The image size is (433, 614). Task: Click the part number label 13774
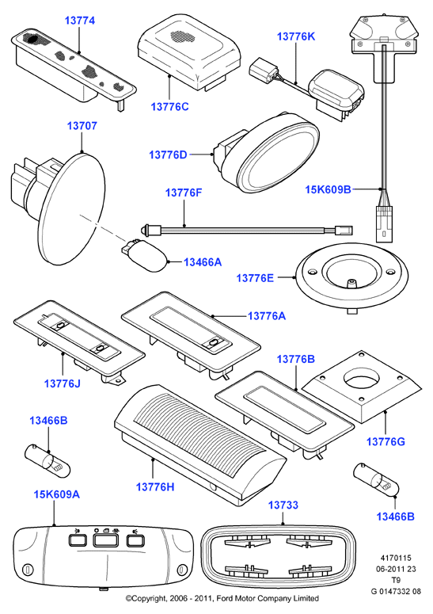pyautogui.click(x=80, y=21)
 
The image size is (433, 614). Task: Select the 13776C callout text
pyautogui.click(x=169, y=106)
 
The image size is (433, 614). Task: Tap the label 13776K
pyautogui.click(x=296, y=36)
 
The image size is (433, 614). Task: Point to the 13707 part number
pyautogui.click(x=82, y=126)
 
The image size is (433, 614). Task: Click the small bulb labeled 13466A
pyautogui.click(x=146, y=256)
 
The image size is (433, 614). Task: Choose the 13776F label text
pyautogui.click(x=184, y=193)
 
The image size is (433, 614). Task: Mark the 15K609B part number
pyautogui.click(x=328, y=189)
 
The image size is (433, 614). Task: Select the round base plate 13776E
pyautogui.click(x=351, y=276)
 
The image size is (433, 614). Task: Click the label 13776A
pyautogui.click(x=267, y=315)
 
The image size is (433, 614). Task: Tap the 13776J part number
pyautogui.click(x=63, y=383)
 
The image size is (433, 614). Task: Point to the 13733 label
pyautogui.click(x=283, y=505)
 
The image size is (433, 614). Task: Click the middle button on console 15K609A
pyautogui.click(x=105, y=540)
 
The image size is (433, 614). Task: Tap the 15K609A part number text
pyautogui.click(x=57, y=494)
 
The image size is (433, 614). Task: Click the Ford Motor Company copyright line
pyautogui.click(x=222, y=598)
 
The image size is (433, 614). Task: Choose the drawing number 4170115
pyautogui.click(x=396, y=558)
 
